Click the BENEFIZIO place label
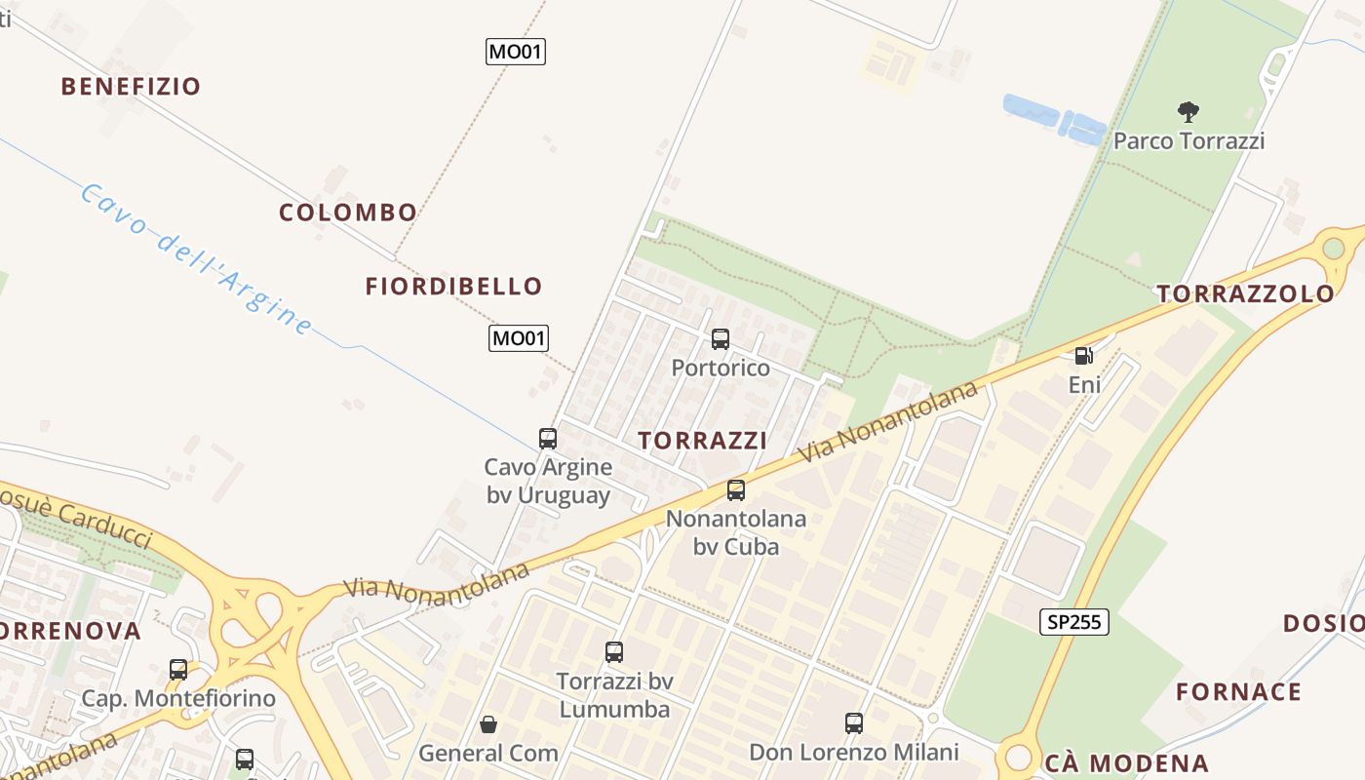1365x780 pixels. pyautogui.click(x=131, y=86)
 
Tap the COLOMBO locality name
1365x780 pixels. pyautogui.click(x=348, y=212)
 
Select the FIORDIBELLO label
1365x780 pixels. pyautogui.click(x=453, y=286)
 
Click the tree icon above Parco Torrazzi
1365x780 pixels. pyautogui.click(x=1188, y=112)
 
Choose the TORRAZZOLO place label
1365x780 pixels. pyautogui.click(x=1245, y=293)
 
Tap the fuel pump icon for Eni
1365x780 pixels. pyautogui.click(x=1083, y=356)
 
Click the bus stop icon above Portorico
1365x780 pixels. pyautogui.click(x=721, y=339)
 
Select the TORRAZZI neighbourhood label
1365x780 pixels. pyautogui.click(x=702, y=441)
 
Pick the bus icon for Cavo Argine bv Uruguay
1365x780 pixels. pyautogui.click(x=548, y=439)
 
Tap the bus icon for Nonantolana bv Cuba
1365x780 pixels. pyautogui.click(x=736, y=490)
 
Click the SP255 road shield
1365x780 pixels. pyautogui.click(x=1073, y=621)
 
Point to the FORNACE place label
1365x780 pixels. pyautogui.click(x=1238, y=692)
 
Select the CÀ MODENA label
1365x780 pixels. pyautogui.click(x=1126, y=763)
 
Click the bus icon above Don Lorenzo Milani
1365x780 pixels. pyautogui.click(x=854, y=723)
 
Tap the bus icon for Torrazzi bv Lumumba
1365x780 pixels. pyautogui.click(x=614, y=652)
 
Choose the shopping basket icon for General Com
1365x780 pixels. pyautogui.click(x=488, y=724)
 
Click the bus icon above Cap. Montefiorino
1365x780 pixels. pyautogui.click(x=178, y=670)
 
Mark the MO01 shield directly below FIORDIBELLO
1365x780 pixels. pyautogui.click(x=518, y=338)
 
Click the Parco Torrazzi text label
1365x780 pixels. pyautogui.click(x=1189, y=141)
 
